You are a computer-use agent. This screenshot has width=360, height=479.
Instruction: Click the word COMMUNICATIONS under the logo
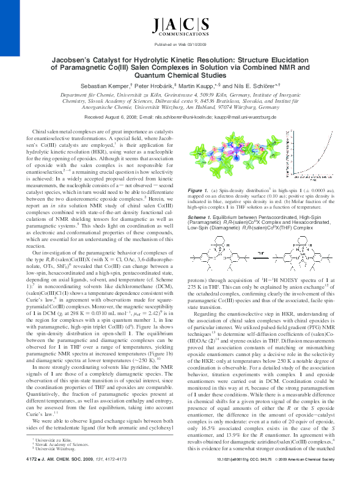(180, 36)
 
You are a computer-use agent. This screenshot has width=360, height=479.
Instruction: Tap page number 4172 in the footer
(35, 471)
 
